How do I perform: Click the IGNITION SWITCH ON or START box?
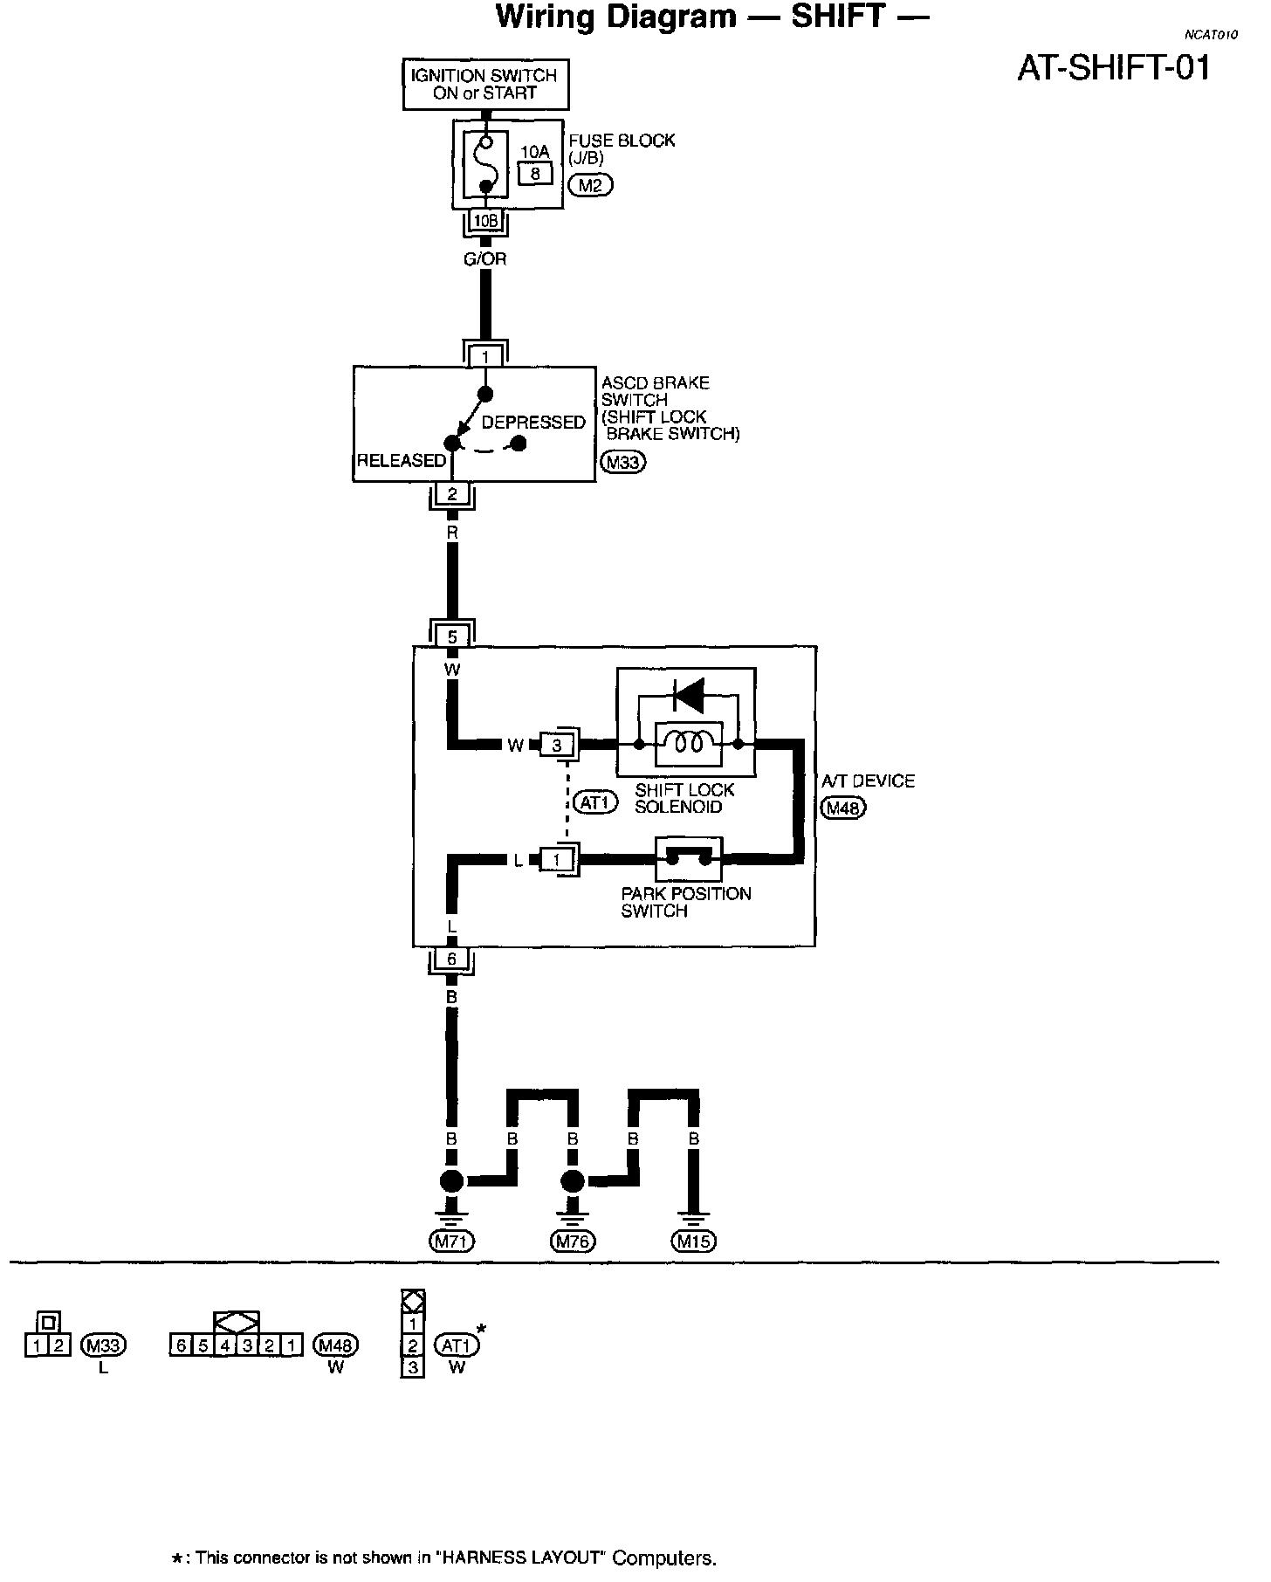tap(484, 85)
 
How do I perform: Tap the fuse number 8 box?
tap(535, 173)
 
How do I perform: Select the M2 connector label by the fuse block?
tap(590, 184)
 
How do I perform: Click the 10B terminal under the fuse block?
tap(484, 221)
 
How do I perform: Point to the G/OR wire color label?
tap(484, 259)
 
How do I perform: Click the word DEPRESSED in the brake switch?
tap(533, 423)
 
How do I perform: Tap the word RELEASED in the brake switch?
tap(401, 460)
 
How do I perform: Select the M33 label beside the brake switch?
tap(622, 462)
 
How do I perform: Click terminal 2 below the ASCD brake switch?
tap(452, 494)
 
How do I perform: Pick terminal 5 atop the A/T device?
tap(452, 636)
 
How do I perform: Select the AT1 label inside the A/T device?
tap(595, 801)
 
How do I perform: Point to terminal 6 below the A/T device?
tap(451, 959)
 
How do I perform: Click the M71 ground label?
tap(451, 1240)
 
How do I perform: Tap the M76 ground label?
tap(573, 1240)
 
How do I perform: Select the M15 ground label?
tap(693, 1240)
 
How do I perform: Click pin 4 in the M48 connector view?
tap(225, 1345)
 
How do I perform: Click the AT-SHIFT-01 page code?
tap(1114, 68)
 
